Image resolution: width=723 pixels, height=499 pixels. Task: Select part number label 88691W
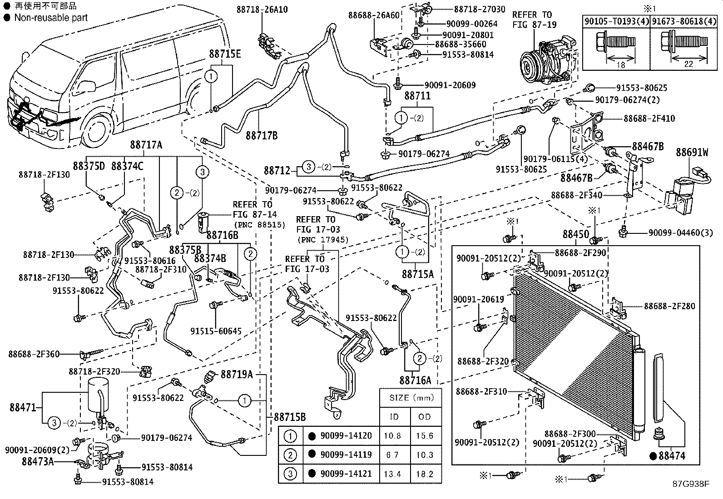click(x=692, y=152)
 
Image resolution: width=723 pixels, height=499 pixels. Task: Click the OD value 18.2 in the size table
click(x=424, y=474)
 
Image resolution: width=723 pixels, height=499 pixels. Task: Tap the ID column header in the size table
click(x=394, y=417)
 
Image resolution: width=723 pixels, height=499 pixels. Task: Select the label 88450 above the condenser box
click(x=576, y=234)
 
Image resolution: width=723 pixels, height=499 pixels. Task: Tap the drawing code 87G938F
click(x=690, y=484)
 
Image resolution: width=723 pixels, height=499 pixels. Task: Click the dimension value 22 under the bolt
click(x=688, y=64)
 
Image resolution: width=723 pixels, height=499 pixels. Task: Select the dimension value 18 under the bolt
click(x=621, y=65)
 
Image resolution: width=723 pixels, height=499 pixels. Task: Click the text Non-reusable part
click(x=51, y=18)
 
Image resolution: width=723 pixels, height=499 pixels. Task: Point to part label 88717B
click(x=262, y=135)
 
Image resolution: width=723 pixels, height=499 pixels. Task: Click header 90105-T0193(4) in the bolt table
click(x=616, y=20)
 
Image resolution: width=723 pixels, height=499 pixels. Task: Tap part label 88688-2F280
click(x=669, y=306)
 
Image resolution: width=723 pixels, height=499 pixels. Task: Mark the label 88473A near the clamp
click(x=38, y=461)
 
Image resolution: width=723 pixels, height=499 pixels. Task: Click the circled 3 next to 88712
click(x=308, y=167)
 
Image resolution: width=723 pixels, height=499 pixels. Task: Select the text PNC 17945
click(x=323, y=239)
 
